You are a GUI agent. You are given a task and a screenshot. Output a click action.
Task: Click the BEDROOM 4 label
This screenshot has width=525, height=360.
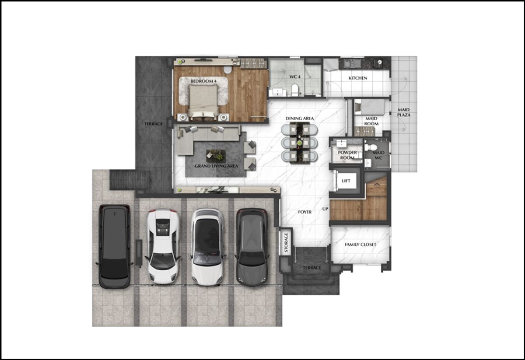click(x=203, y=81)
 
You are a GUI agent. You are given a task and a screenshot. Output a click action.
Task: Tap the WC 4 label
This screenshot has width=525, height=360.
click(x=294, y=77)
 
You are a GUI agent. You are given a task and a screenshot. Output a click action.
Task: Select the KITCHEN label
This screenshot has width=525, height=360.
click(x=358, y=78)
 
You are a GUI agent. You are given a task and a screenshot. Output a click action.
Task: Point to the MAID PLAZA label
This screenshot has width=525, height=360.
click(x=403, y=112)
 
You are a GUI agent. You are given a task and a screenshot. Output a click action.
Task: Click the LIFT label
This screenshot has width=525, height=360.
click(x=346, y=181)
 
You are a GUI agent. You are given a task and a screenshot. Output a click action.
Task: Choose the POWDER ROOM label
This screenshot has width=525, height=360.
click(x=347, y=155)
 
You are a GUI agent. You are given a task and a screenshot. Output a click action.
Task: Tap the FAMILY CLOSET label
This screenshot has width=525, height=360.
click(x=360, y=245)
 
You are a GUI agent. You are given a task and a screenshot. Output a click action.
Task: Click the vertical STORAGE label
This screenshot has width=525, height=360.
click(x=286, y=242)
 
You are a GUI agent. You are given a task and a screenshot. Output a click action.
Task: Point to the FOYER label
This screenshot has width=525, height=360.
click(x=304, y=212)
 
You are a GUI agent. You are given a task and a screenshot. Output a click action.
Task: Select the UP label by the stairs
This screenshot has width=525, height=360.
click(x=325, y=209)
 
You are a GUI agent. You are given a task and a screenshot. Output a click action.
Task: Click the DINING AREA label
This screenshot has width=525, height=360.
click(x=300, y=119)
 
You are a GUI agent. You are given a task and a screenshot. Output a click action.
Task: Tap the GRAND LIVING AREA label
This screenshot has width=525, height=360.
click(x=216, y=166)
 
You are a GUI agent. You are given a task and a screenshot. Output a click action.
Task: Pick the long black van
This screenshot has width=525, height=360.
click(x=114, y=246)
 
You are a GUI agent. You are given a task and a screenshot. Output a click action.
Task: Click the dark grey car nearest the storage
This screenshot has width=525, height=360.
click(x=252, y=247)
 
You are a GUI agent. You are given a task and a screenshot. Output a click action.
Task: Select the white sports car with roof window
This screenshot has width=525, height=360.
click(x=163, y=246)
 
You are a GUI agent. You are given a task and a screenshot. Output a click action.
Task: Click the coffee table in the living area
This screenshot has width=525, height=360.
click(x=216, y=156)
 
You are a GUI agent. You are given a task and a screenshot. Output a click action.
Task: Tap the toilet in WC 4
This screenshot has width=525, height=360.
click(x=294, y=90)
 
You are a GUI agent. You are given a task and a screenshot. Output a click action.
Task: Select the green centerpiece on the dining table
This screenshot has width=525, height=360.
click(x=299, y=143)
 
